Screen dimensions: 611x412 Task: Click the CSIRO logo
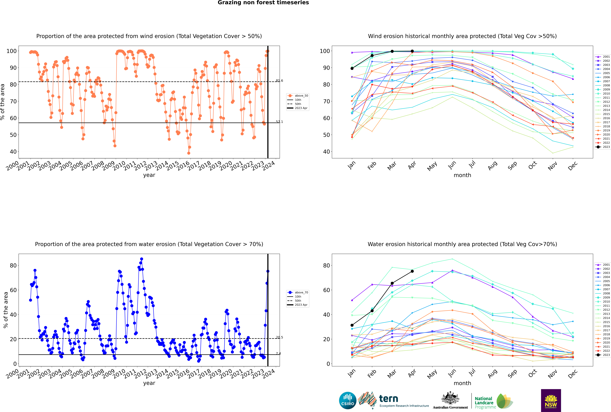[348, 400]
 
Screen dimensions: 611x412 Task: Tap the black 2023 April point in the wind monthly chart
[412, 51]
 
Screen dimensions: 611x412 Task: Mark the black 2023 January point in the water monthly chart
[352, 325]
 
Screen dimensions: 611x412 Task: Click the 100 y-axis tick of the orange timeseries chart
[12, 51]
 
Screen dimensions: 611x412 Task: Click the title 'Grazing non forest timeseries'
[263, 3]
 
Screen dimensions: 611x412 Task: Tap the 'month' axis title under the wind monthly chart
[462, 175]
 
